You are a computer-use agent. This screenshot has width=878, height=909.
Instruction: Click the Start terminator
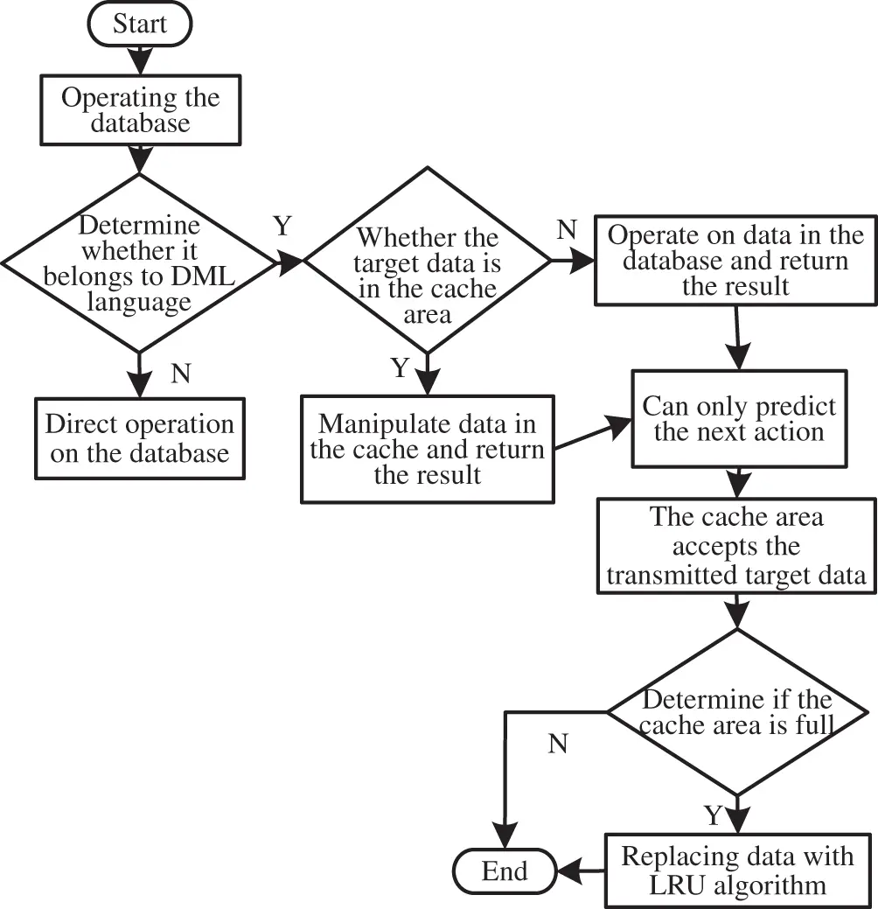coord(138,24)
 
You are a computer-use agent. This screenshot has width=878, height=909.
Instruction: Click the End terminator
coord(505,871)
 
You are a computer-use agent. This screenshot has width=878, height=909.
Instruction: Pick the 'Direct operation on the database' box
coord(139,438)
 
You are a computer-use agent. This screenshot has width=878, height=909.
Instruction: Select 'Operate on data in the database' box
coord(735,261)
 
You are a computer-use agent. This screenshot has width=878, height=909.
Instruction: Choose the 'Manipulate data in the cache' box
coord(427,449)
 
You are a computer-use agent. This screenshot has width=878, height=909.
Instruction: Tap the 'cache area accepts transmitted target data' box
coord(736,546)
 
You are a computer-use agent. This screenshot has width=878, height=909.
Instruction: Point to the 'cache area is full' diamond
coord(736,712)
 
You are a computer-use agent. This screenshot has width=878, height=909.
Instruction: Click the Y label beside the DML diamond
coord(282,227)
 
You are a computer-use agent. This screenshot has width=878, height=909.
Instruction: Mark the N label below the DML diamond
coord(180,374)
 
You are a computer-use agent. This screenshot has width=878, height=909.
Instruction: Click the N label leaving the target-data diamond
coord(566,231)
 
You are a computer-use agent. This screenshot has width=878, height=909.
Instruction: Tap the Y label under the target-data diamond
coord(400,368)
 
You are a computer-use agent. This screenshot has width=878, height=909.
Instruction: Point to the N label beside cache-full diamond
coord(558,744)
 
